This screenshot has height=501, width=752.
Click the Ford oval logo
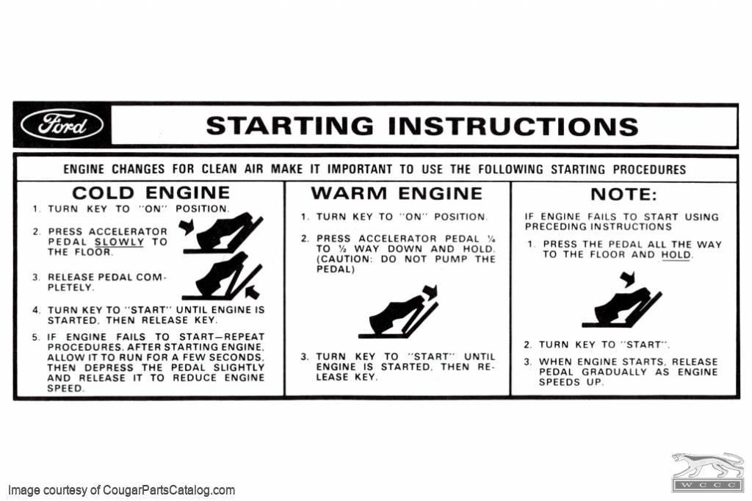click(x=62, y=126)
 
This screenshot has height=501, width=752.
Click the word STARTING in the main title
click(x=289, y=126)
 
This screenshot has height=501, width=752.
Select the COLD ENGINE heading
click(x=151, y=193)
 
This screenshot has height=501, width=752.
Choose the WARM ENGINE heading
click(x=397, y=194)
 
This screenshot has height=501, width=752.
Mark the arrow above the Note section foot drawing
click(x=626, y=279)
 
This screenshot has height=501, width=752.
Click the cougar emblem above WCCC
click(x=707, y=465)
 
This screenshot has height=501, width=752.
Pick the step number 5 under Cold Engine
click(x=36, y=337)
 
